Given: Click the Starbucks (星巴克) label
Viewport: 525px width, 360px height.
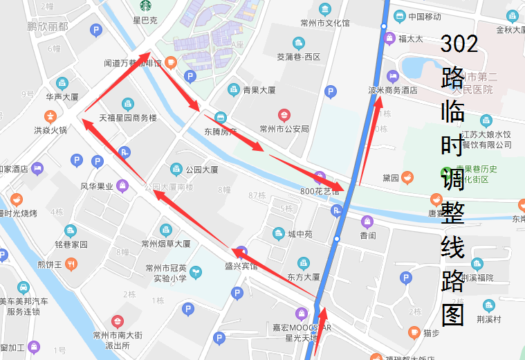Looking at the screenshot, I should (x=145, y=20).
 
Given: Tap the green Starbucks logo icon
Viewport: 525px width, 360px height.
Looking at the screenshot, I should (x=145, y=6).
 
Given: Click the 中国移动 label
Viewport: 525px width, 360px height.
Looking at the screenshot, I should (x=425, y=17).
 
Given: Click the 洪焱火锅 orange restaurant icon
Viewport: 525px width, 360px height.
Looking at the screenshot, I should (x=50, y=116).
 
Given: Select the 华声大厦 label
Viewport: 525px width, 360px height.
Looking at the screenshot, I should (x=62, y=97).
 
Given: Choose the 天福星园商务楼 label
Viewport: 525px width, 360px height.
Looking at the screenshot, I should (x=129, y=118).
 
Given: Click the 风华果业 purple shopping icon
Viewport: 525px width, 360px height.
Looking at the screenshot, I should (x=123, y=186).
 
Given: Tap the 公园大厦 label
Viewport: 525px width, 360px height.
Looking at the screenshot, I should (x=201, y=169).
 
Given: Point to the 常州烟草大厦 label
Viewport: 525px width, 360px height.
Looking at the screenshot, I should (x=165, y=244).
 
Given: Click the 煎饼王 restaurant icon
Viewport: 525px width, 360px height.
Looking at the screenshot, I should (x=70, y=264).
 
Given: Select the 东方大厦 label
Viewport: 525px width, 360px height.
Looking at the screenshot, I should (x=303, y=276).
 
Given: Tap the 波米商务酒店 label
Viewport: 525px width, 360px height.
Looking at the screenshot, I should (x=393, y=90).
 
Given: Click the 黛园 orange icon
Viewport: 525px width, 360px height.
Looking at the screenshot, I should (x=408, y=178).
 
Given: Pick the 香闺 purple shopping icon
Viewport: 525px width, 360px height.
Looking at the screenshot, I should (x=367, y=222).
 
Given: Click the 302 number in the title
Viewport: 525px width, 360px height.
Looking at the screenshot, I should (x=459, y=44).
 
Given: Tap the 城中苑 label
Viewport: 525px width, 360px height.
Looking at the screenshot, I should (x=299, y=234).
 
